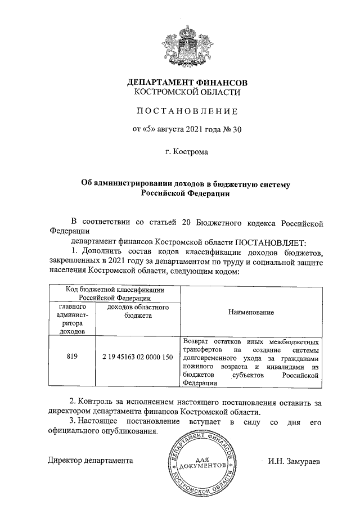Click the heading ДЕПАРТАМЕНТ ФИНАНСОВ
pos(180,83)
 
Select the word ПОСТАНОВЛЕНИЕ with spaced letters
pos(180,111)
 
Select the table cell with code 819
pos(71,357)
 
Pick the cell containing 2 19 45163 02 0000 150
pos(138,357)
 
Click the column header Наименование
pos(251,312)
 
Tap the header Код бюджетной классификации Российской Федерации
pos(115,294)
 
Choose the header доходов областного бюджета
pos(138,312)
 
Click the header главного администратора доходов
pos(71,319)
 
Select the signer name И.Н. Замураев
pos(294,461)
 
